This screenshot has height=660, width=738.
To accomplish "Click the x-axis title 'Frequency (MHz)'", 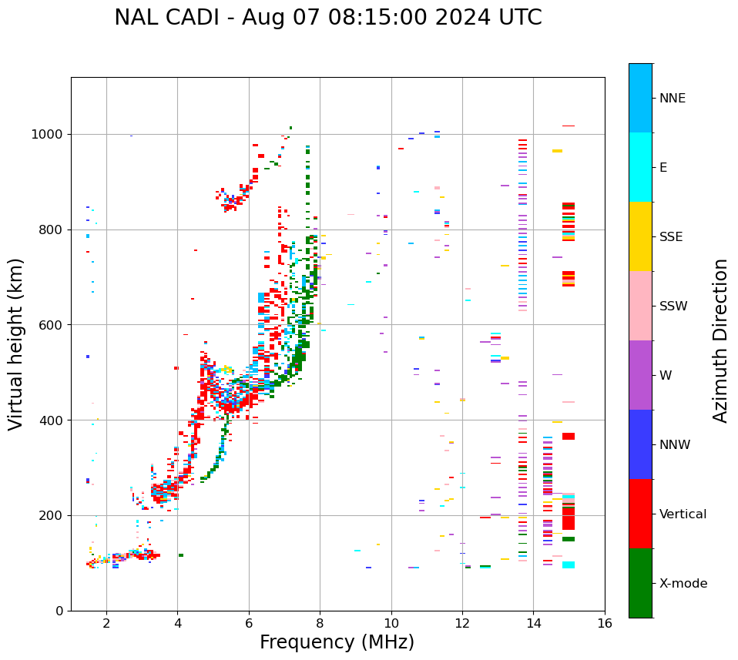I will [337, 642].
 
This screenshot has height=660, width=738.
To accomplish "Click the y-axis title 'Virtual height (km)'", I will [16, 343].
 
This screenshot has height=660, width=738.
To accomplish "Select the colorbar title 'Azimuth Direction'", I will [720, 340].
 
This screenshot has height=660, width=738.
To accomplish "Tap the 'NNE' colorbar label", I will [672, 99].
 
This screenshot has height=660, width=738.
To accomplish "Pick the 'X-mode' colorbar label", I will [683, 584].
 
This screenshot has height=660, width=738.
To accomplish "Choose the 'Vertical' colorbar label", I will [683, 514].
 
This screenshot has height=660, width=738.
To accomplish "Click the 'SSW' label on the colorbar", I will [673, 307].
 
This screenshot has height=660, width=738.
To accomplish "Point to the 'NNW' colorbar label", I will [675, 445].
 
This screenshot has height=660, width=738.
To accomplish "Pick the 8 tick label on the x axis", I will [320, 623].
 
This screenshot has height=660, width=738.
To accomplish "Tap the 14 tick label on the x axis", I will [533, 623].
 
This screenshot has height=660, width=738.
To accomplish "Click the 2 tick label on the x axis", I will [106, 623].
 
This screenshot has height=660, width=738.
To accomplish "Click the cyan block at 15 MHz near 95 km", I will [569, 565].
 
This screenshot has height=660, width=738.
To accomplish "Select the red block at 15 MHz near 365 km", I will [569, 437].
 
